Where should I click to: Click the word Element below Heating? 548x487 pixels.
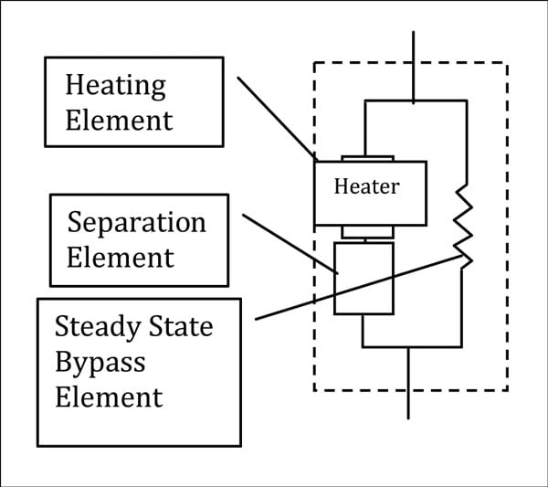pos(119,120)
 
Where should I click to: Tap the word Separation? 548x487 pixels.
pos(137,223)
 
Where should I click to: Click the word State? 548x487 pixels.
pos(182,326)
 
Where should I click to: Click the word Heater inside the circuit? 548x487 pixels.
pos(366,186)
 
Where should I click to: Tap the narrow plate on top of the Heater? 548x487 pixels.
pos(366,157)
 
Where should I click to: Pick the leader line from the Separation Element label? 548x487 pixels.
pos(289,243)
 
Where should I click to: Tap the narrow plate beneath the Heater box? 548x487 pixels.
pos(366,231)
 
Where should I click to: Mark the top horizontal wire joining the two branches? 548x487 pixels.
pos(415,101)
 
